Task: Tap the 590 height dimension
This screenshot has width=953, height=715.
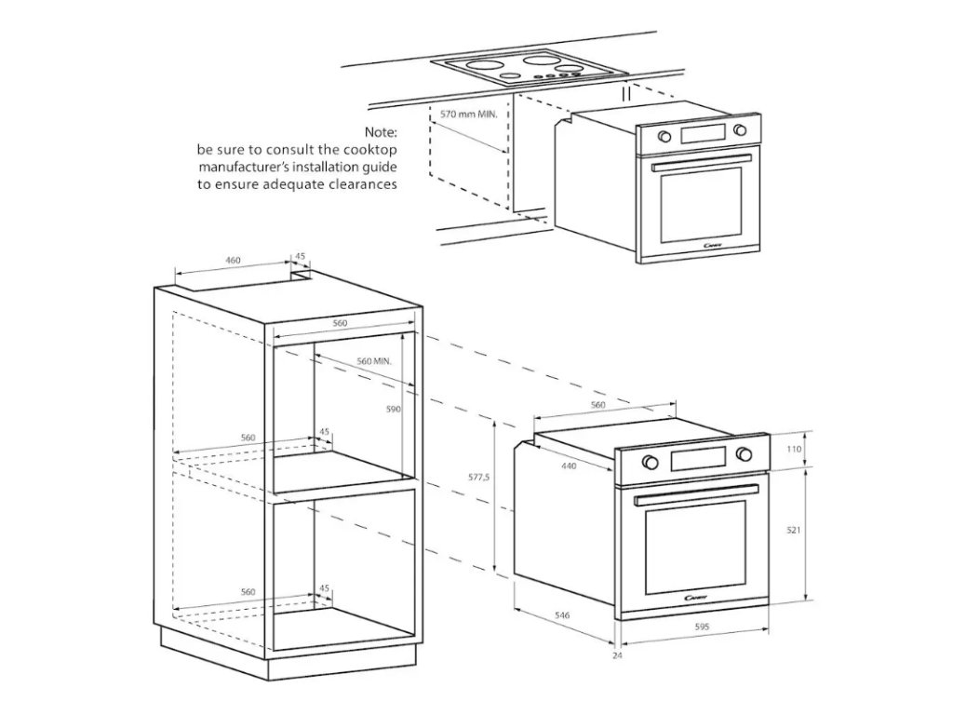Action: point(394,410)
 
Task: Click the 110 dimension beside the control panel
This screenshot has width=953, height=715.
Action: point(794,449)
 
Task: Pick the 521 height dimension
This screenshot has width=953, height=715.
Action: point(794,530)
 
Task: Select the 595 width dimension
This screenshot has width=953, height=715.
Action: point(702,627)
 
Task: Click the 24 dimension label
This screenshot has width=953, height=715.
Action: point(617,656)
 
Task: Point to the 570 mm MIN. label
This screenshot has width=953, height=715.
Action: point(469,114)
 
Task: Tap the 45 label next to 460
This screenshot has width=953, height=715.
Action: point(300,256)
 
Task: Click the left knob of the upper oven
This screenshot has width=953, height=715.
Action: point(664,137)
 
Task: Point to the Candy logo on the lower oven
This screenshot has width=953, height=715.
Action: point(696,597)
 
